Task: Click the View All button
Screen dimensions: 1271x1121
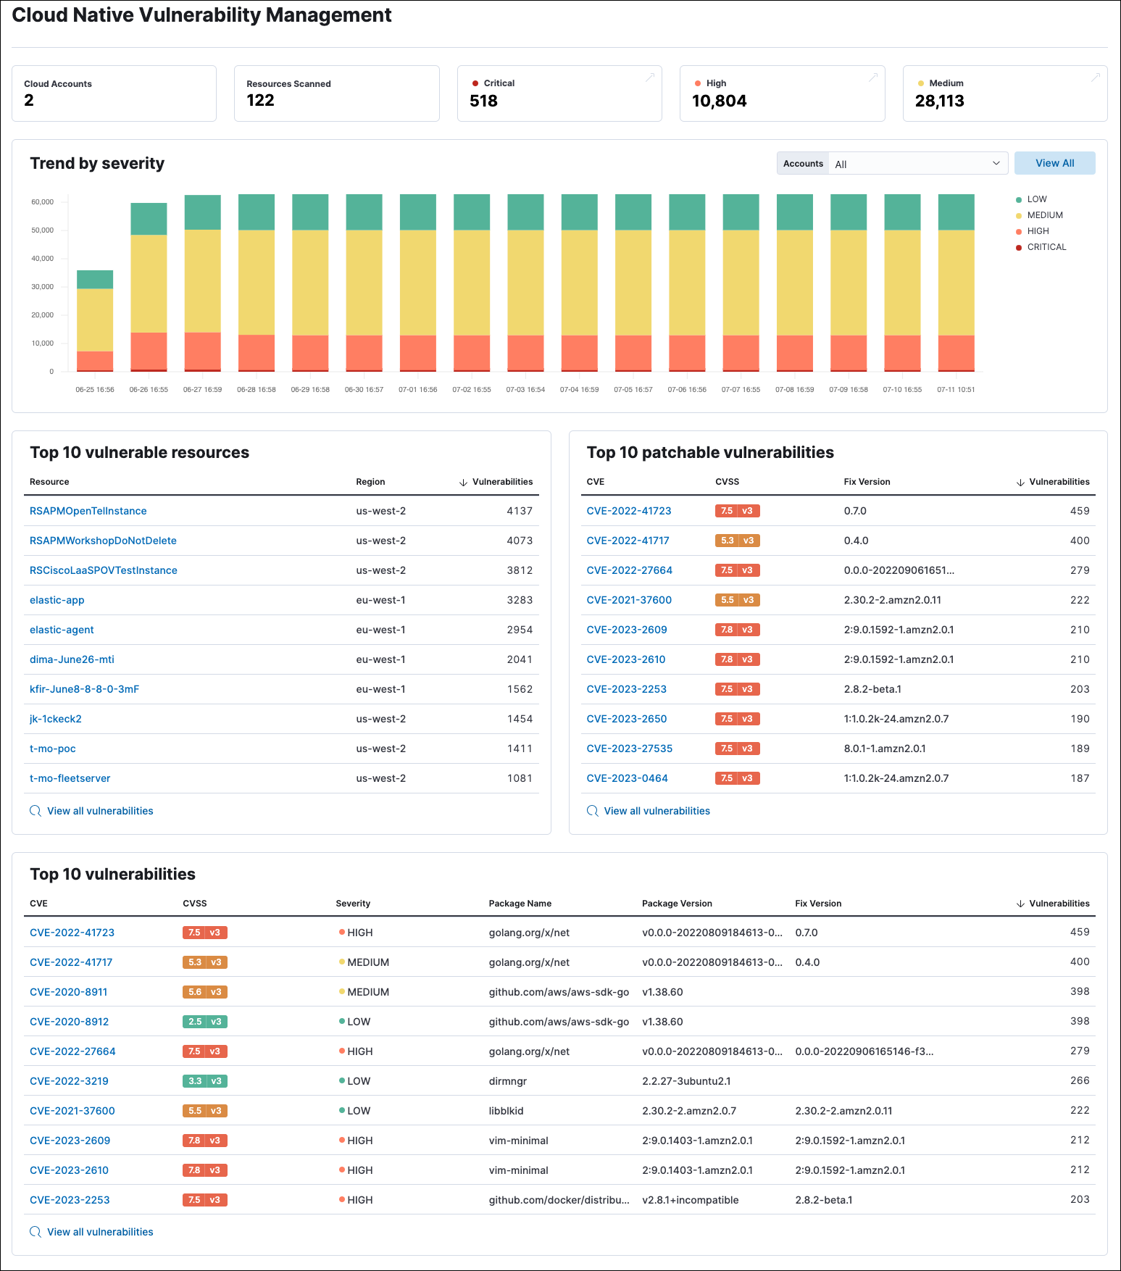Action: (1054, 163)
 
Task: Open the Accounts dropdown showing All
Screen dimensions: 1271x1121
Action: (916, 164)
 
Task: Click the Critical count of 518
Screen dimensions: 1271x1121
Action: (483, 101)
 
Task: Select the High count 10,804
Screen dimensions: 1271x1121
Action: (719, 101)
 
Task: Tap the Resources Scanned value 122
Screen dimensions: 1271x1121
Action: (260, 100)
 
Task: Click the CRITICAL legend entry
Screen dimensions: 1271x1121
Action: (1046, 247)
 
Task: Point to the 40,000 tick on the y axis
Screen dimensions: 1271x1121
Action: (43, 259)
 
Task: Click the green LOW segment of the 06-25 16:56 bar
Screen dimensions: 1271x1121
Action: (95, 279)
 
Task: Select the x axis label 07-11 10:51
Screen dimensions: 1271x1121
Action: (955, 390)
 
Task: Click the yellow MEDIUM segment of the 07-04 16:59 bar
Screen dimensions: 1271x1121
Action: (579, 283)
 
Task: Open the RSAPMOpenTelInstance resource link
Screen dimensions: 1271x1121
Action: (88, 511)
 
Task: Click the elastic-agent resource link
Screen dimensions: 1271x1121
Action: (62, 630)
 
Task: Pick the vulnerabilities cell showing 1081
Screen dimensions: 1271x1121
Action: (519, 778)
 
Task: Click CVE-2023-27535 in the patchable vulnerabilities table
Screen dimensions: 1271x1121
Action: (629, 749)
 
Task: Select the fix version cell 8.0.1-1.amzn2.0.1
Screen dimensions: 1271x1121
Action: (884, 749)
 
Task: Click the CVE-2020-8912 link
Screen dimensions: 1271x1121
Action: (69, 1022)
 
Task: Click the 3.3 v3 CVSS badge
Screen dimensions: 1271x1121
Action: (204, 1081)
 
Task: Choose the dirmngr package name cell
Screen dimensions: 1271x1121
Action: (507, 1081)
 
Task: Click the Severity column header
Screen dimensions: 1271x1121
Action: (353, 904)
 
